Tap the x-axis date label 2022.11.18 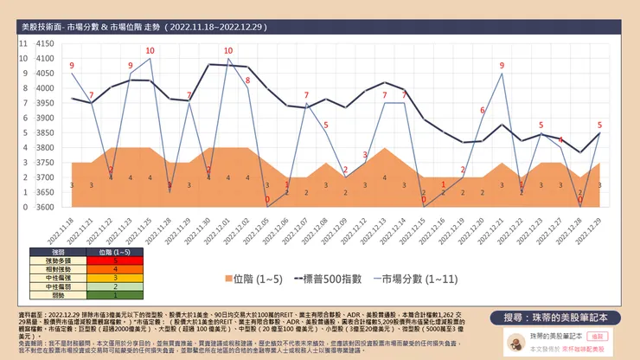click(67, 228)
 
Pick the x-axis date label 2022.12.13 click(380, 228)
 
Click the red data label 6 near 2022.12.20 click(483, 110)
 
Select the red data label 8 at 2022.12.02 click(247, 80)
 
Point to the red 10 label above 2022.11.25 click(150, 50)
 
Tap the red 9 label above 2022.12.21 click(502, 66)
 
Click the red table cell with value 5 click(115, 259)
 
